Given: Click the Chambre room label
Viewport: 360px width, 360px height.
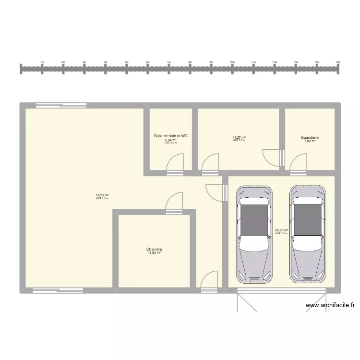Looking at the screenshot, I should tap(154, 249).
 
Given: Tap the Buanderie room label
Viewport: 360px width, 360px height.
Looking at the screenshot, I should tap(310, 138).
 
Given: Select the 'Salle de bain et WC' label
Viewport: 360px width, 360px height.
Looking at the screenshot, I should tap(171, 136).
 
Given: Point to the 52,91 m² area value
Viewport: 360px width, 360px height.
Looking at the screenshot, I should tap(102, 195).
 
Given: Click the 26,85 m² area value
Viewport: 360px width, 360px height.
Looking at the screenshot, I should tap(281, 230).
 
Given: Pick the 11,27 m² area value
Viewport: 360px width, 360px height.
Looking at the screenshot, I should tap(239, 138).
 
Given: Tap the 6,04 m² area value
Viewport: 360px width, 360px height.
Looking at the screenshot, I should tap(171, 140).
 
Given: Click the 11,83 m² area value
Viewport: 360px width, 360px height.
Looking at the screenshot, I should tap(154, 253).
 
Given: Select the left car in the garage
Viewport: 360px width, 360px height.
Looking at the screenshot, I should tap(253, 234).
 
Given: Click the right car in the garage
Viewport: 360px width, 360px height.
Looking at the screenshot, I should tap(308, 234).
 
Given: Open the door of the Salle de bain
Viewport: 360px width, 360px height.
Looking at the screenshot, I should tap(175, 163).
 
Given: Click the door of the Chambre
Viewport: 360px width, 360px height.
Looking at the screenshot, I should tap(174, 202).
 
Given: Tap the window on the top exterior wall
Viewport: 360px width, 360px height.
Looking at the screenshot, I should tap(61, 105).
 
